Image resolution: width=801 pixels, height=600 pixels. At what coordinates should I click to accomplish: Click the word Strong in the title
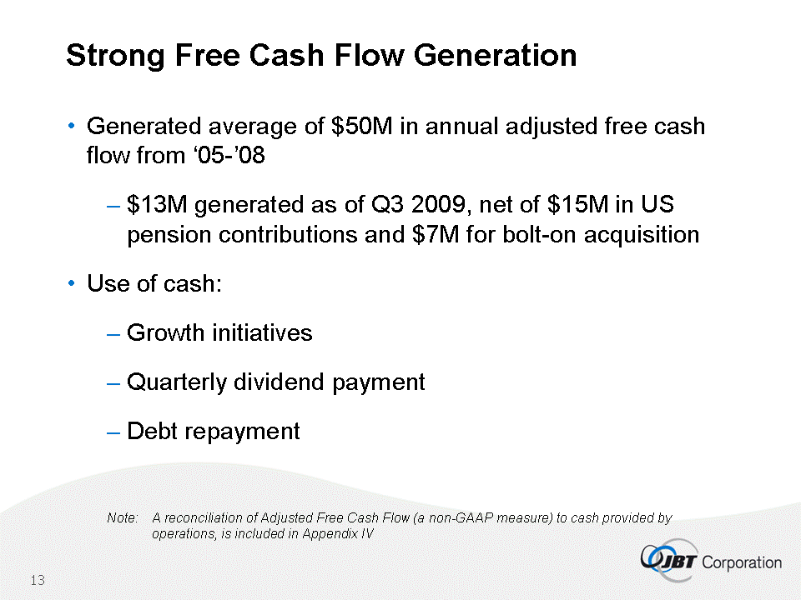click(x=115, y=56)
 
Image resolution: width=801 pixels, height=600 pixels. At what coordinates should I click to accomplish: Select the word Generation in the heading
click(x=495, y=55)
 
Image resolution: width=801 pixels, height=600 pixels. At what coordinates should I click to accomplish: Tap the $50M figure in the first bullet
click(x=361, y=126)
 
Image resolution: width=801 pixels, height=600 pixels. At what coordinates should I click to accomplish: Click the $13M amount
click(x=157, y=204)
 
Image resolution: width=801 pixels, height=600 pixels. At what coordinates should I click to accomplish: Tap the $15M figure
click(x=577, y=204)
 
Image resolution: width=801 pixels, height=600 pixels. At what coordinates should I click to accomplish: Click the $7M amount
click(x=436, y=235)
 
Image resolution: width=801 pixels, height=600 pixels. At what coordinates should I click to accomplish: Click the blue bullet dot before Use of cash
click(x=72, y=282)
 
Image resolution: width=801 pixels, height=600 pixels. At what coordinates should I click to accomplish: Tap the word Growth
click(x=166, y=332)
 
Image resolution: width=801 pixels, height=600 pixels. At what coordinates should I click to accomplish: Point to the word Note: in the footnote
click(x=123, y=517)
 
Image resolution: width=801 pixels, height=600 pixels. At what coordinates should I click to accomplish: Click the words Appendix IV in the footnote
click(x=338, y=533)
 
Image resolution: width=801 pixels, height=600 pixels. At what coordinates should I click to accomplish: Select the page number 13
click(x=38, y=580)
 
